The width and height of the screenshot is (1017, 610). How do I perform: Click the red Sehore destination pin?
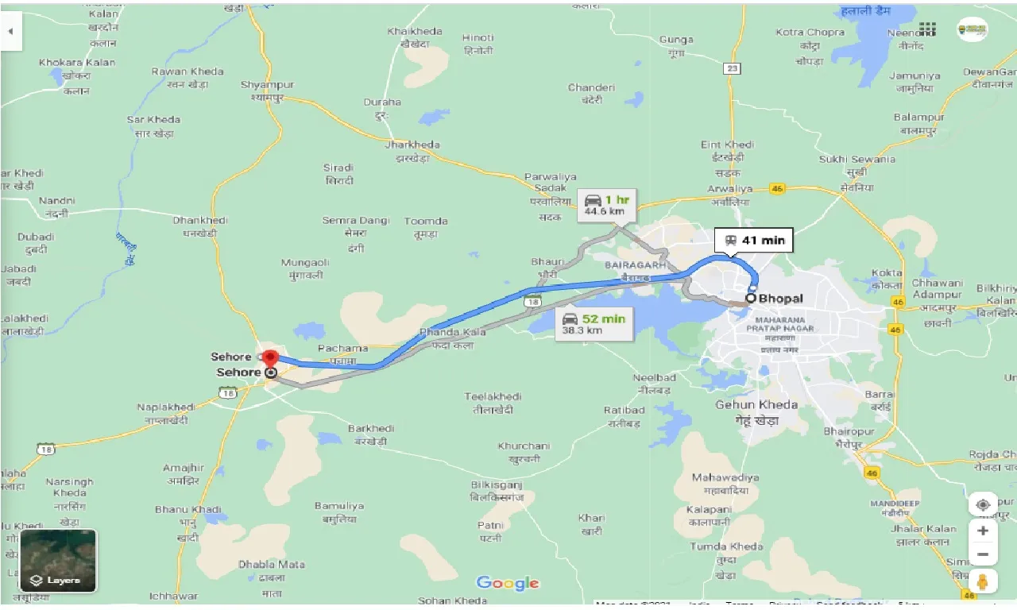[270, 358]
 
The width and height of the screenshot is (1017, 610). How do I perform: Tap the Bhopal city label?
[780, 299]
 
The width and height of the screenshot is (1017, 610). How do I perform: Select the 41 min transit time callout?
[753, 240]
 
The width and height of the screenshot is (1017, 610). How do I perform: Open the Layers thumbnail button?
[58, 561]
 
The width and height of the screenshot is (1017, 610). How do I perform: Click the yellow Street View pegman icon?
[983, 581]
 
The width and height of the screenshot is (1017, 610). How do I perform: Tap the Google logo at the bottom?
[508, 584]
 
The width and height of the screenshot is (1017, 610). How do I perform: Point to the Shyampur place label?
[267, 85]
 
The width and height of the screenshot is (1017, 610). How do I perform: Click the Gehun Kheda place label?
[756, 404]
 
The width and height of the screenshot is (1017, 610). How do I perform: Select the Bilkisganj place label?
[496, 485]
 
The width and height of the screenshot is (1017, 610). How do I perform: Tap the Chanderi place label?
[591, 87]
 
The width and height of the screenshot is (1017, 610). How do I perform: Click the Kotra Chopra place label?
[810, 33]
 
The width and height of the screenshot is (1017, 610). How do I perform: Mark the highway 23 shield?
[732, 69]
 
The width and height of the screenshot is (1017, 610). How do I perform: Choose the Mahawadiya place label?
[725, 477]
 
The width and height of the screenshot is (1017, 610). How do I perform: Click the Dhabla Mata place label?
[272, 565]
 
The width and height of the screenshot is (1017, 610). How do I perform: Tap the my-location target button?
[983, 504]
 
